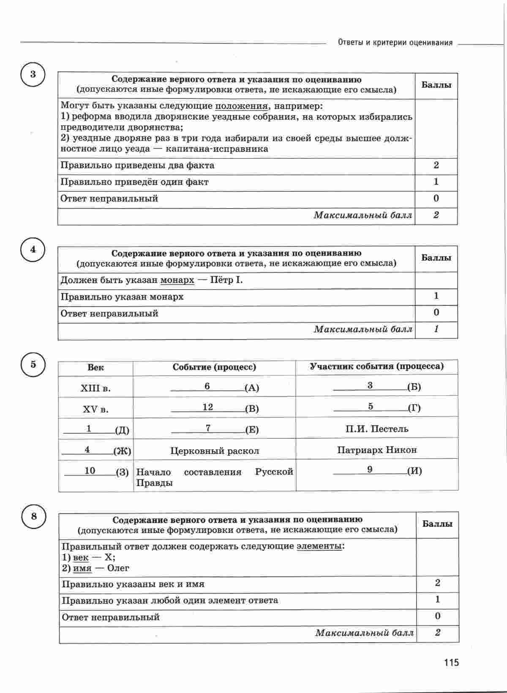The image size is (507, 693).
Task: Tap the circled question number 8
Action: pyautogui.click(x=33, y=516)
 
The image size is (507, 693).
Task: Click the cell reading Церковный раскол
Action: pyautogui.click(x=215, y=451)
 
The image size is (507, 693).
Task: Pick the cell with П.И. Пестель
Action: pyautogui.click(x=377, y=429)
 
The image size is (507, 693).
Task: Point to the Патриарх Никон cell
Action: pyautogui.click(x=377, y=450)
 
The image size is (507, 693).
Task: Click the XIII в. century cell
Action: pyautogui.click(x=95, y=388)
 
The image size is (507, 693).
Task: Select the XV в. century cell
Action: pyautogui.click(x=95, y=409)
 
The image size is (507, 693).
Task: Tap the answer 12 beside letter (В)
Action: pyautogui.click(x=208, y=407)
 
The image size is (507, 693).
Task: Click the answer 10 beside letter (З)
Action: pyautogui.click(x=90, y=470)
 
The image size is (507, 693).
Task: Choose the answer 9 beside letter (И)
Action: pyautogui.click(x=370, y=470)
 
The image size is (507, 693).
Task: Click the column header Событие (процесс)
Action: pyautogui.click(x=214, y=367)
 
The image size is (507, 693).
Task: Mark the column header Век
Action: pyautogui.click(x=95, y=367)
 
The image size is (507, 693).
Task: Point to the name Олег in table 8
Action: pyautogui.click(x=118, y=568)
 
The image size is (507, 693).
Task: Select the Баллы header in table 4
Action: pyautogui.click(x=436, y=258)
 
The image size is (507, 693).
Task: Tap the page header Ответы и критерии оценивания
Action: pyautogui.click(x=395, y=43)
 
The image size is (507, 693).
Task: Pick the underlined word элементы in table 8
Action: pyautogui.click(x=319, y=546)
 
